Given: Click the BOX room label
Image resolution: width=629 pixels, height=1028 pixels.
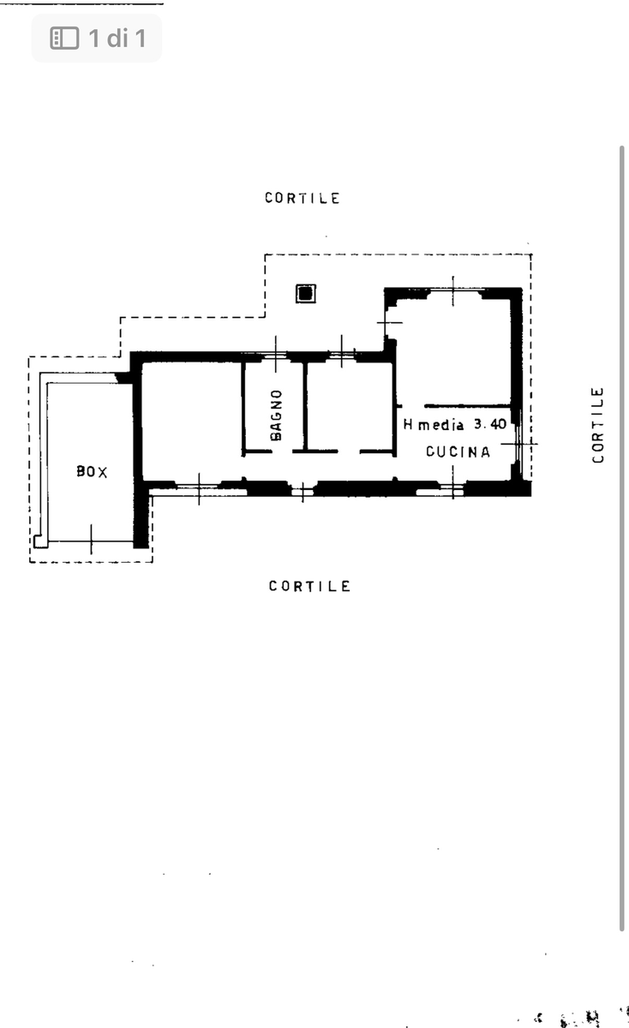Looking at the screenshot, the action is (92, 471).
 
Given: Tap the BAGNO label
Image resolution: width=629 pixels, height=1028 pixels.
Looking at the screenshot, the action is (276, 415).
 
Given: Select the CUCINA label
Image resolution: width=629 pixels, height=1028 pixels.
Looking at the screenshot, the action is (458, 451).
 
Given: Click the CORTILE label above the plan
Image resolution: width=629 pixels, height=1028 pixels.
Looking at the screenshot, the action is (303, 198).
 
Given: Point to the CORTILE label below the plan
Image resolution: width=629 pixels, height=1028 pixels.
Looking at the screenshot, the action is (309, 586).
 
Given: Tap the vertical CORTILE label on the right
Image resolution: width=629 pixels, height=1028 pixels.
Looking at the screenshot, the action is (597, 425).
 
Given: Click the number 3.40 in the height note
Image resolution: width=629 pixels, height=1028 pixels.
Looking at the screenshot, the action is (490, 424).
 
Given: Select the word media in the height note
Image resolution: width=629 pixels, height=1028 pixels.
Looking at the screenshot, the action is (440, 425).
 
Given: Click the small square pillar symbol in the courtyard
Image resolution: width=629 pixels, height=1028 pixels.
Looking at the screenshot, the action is (306, 293).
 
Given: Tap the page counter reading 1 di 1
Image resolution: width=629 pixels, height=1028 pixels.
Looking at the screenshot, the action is (117, 38).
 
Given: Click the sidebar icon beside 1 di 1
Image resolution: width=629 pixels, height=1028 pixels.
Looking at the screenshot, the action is (64, 38).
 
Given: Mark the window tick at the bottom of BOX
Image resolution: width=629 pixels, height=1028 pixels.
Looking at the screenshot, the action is (91, 540).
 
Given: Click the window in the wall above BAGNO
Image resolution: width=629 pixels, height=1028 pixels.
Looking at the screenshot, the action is (275, 355).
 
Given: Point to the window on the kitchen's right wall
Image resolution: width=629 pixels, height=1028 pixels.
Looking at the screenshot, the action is (518, 444).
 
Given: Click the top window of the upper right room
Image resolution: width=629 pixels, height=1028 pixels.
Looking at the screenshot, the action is (453, 290).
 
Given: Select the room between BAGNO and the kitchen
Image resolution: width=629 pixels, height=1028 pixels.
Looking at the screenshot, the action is (349, 406).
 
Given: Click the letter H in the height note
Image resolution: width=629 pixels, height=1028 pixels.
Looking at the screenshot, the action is (408, 424).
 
